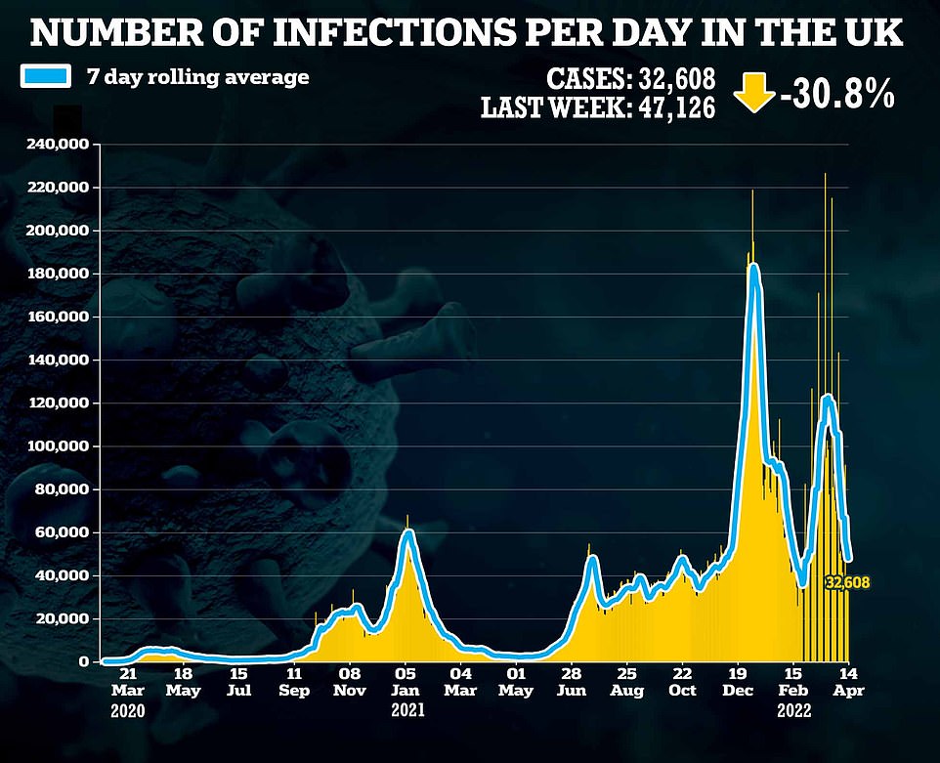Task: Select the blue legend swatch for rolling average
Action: coord(47,76)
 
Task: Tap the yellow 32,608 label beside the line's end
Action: coord(846,583)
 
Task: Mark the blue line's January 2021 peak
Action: coord(408,532)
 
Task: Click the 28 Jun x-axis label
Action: coord(572,681)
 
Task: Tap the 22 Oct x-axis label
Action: coord(682,681)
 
